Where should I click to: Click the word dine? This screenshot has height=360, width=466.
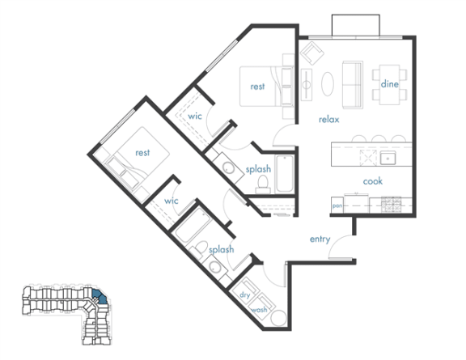[390, 84]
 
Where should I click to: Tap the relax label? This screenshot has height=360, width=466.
[329, 120]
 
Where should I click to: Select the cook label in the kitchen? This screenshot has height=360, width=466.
[373, 181]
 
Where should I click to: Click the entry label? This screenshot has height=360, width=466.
[320, 239]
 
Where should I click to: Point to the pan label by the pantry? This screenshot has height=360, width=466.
[337, 205]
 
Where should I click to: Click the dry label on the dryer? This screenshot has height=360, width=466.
[244, 295]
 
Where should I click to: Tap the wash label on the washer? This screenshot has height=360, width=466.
[259, 310]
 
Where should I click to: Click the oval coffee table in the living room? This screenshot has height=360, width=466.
[328, 84]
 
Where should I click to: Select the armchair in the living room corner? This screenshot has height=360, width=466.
[311, 53]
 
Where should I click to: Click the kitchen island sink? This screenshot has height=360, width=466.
[388, 157]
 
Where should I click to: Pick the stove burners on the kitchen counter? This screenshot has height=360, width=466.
[391, 204]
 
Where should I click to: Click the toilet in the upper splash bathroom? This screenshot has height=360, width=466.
[263, 184]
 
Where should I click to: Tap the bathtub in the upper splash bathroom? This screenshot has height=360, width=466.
[285, 174]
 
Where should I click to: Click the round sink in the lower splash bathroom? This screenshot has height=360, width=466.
[215, 267]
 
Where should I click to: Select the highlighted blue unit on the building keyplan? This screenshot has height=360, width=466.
[100, 296]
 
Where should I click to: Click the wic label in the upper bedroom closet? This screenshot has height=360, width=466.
[195, 116]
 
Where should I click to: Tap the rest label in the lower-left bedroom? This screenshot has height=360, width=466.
[142, 153]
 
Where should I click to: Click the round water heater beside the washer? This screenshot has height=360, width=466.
[279, 318]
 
